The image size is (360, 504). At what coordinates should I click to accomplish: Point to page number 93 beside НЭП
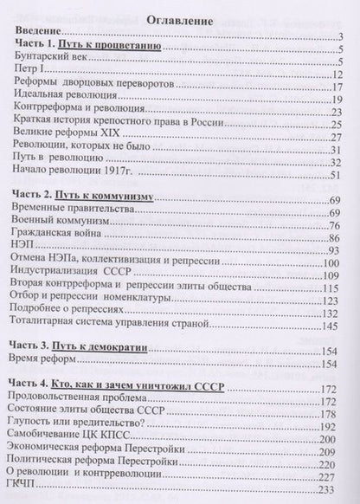coord(337,253)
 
